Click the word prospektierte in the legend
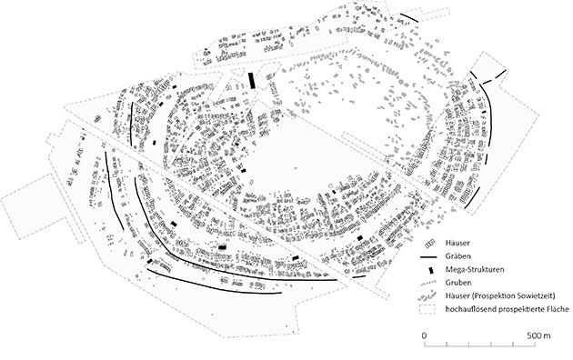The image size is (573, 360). [x=518, y=309]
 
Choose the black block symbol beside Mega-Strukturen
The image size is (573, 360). [x=431, y=271]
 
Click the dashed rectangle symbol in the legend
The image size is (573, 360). [x=431, y=309]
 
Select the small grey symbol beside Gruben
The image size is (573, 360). [x=431, y=284]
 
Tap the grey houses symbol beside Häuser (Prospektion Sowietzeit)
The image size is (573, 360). [x=431, y=296]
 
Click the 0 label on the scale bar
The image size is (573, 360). [x=424, y=336]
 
